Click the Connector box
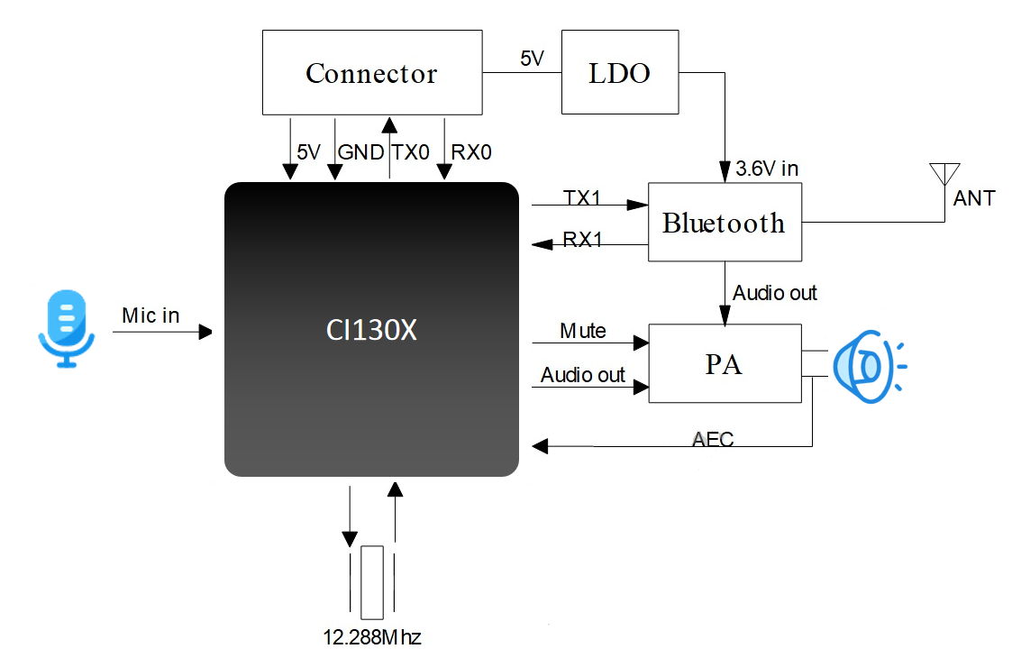pyautogui.click(x=371, y=73)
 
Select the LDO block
pyautogui.click(x=620, y=73)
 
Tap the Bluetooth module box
pyautogui.click(x=724, y=223)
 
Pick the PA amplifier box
pyautogui.click(x=724, y=363)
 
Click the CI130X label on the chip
pyautogui.click(x=371, y=331)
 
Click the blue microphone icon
pyautogui.click(x=66, y=328)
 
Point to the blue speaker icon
pyautogui.click(x=865, y=366)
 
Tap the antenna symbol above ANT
pyautogui.click(x=944, y=173)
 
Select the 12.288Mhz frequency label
pyautogui.click(x=372, y=638)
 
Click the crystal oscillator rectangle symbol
pyautogui.click(x=371, y=581)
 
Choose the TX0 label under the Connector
pyautogui.click(x=410, y=152)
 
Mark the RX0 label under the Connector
pyautogui.click(x=471, y=152)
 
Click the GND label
pyautogui.click(x=360, y=152)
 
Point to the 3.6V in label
pyautogui.click(x=767, y=168)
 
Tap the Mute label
pyautogui.click(x=582, y=331)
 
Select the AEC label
pyautogui.click(x=713, y=440)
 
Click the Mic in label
pyautogui.click(x=150, y=315)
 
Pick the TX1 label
pyautogui.click(x=582, y=196)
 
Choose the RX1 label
pyautogui.click(x=582, y=240)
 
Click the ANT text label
pyautogui.click(x=974, y=198)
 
